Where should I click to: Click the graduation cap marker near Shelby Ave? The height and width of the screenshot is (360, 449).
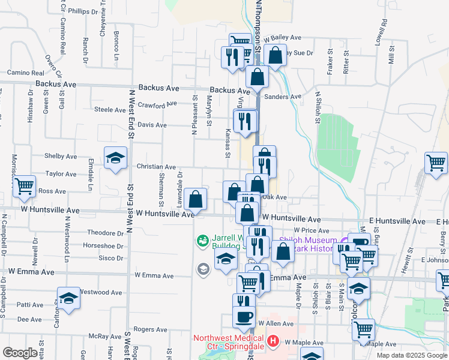pyautogui.click(x=115, y=158)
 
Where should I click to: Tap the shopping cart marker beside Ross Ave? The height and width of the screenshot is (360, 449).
pyautogui.click(x=25, y=186)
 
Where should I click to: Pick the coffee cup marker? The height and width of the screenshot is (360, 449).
pyautogui.click(x=244, y=317)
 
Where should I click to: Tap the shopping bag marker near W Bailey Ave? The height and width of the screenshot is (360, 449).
pyautogui.click(x=275, y=56)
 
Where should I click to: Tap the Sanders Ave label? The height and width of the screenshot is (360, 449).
pyautogui.click(x=283, y=97)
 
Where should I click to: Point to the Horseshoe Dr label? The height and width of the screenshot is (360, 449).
pyautogui.click(x=103, y=245)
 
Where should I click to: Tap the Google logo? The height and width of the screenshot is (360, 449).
pyautogui.click(x=20, y=353)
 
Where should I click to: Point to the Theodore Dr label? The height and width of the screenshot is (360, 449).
pyautogui.click(x=105, y=232)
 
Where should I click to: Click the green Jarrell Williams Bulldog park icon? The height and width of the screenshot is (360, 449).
pyautogui.click(x=202, y=242)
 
